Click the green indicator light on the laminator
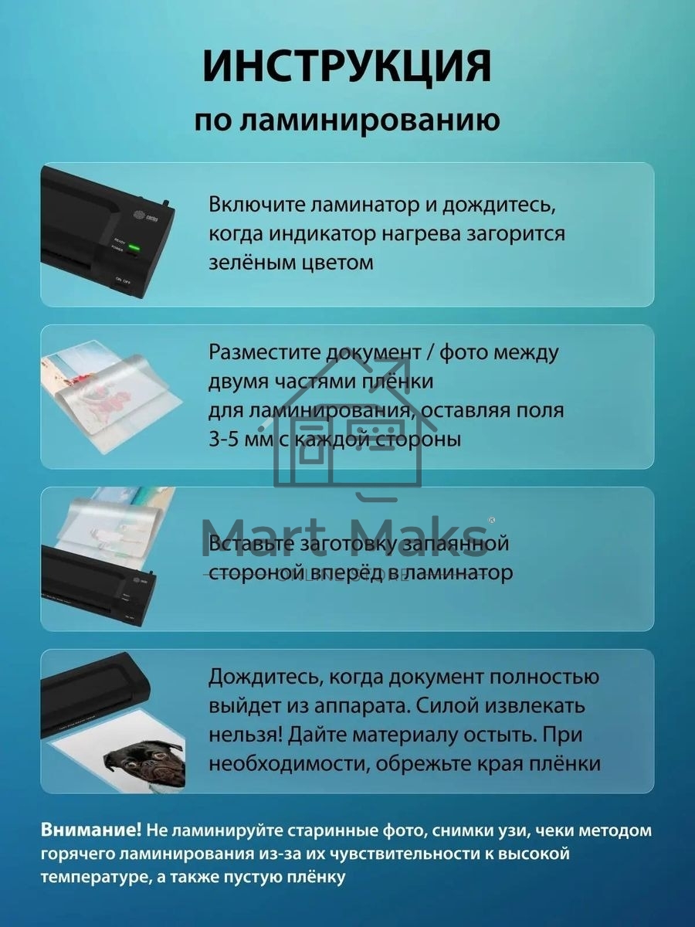pyautogui.click(x=133, y=248)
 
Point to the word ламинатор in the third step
pyautogui.click(x=463, y=572)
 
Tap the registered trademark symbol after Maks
pyautogui.click(x=491, y=520)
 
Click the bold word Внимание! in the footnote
pyautogui.click(x=91, y=830)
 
